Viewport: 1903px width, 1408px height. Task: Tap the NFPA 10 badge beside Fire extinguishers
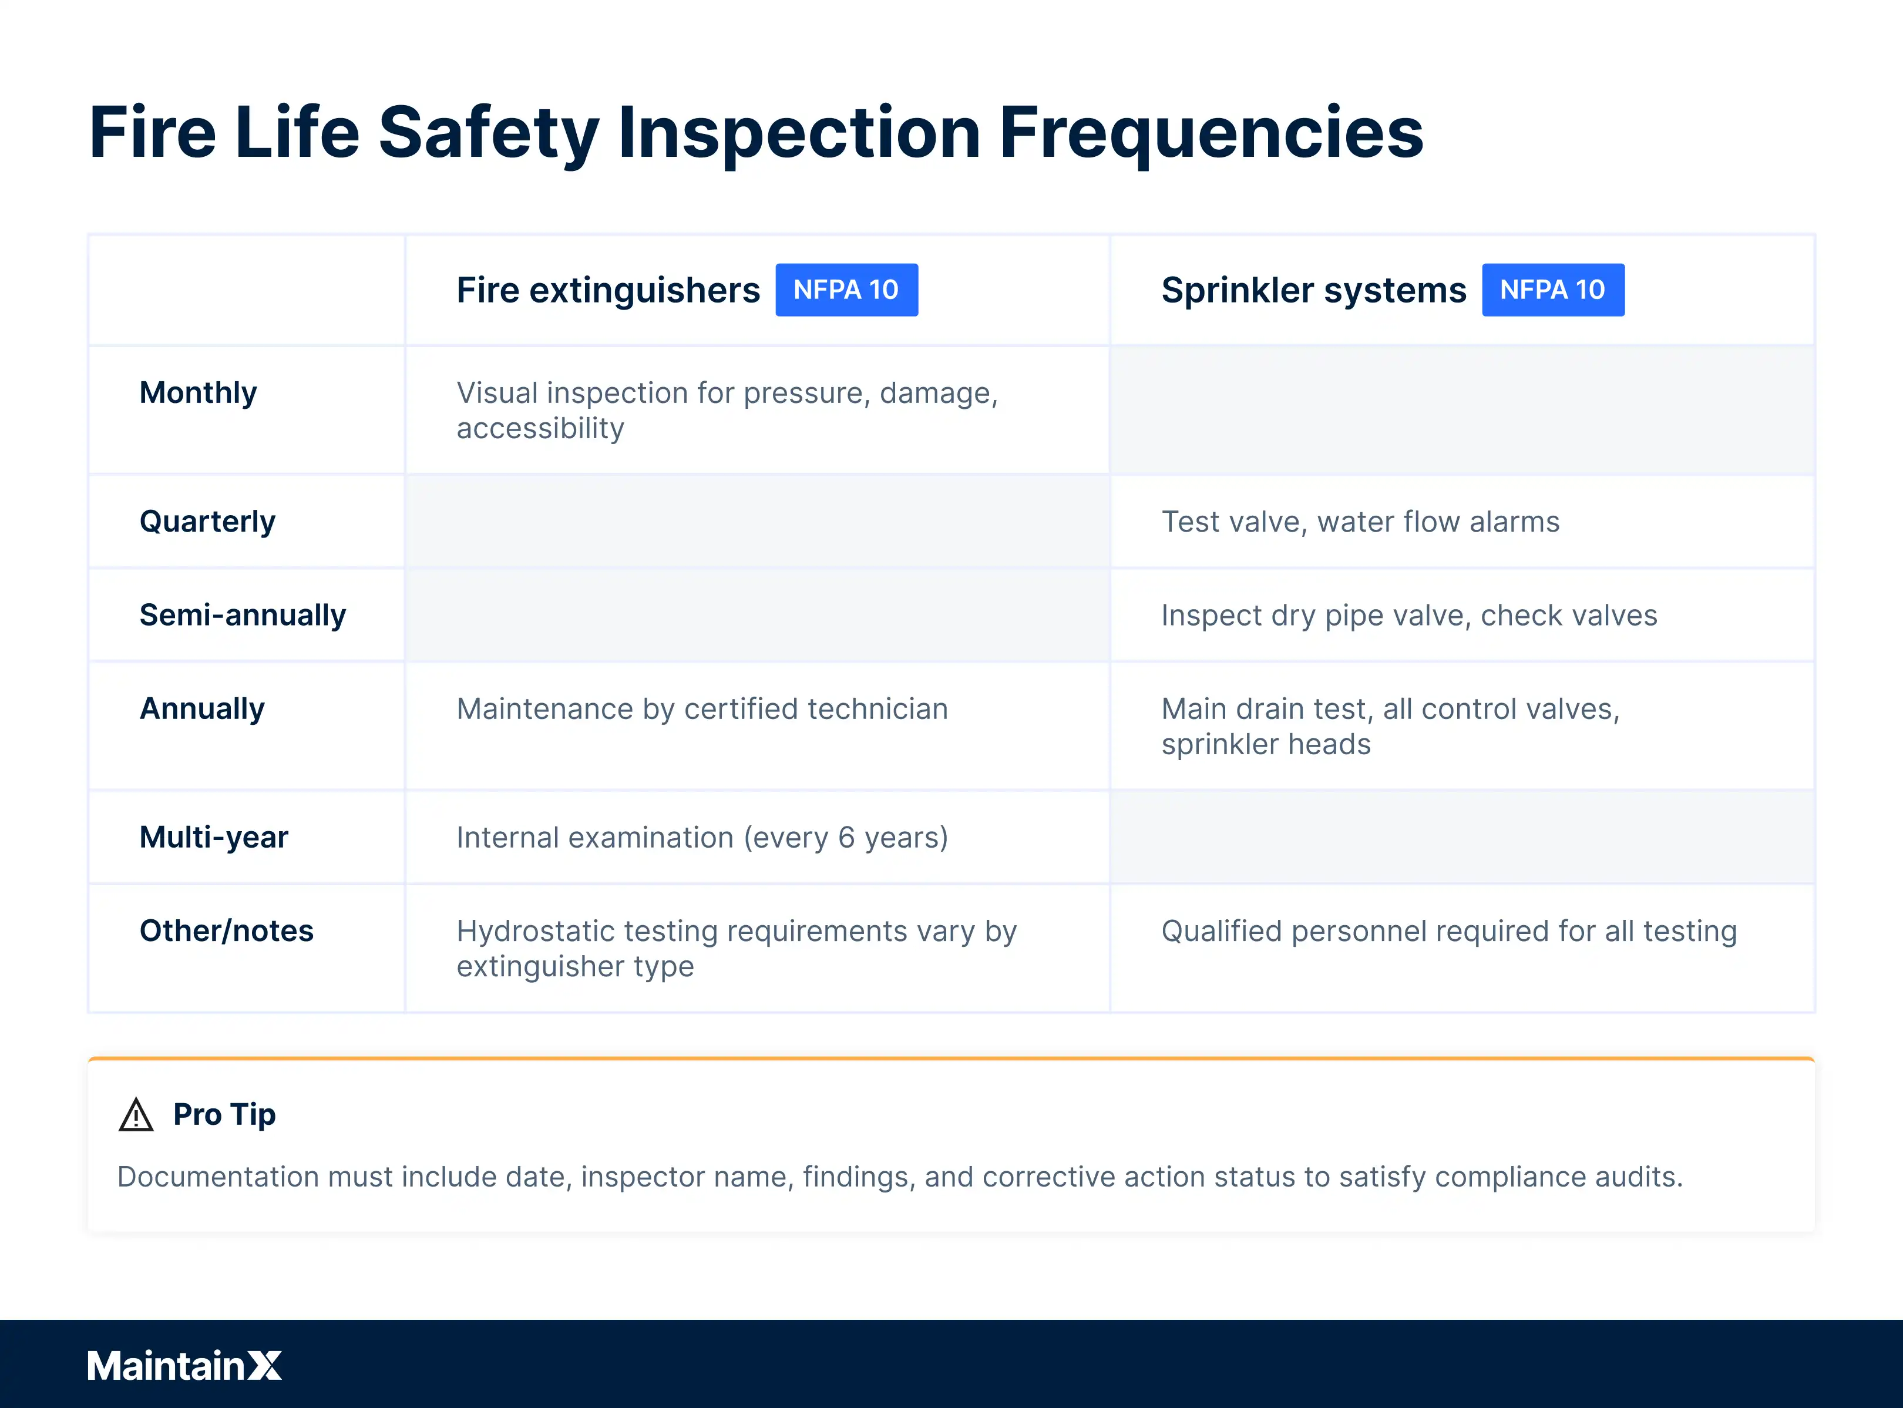[846, 290]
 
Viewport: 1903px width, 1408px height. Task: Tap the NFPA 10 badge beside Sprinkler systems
[1553, 290]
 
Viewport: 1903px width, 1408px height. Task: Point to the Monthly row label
[198, 393]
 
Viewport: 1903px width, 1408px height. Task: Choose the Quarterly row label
[207, 522]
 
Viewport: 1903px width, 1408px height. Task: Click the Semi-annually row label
[243, 616]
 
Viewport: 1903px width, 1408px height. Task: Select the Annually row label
[202, 709]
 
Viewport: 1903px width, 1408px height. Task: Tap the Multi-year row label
[214, 838]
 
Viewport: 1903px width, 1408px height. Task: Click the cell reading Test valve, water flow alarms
[1360, 522]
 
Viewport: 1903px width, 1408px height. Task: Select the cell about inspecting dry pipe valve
[1408, 616]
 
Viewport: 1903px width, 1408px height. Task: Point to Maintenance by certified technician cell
[701, 709]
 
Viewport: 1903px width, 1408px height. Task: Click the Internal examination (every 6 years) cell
[701, 838]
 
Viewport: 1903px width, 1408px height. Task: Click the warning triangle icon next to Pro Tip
[136, 1115]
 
